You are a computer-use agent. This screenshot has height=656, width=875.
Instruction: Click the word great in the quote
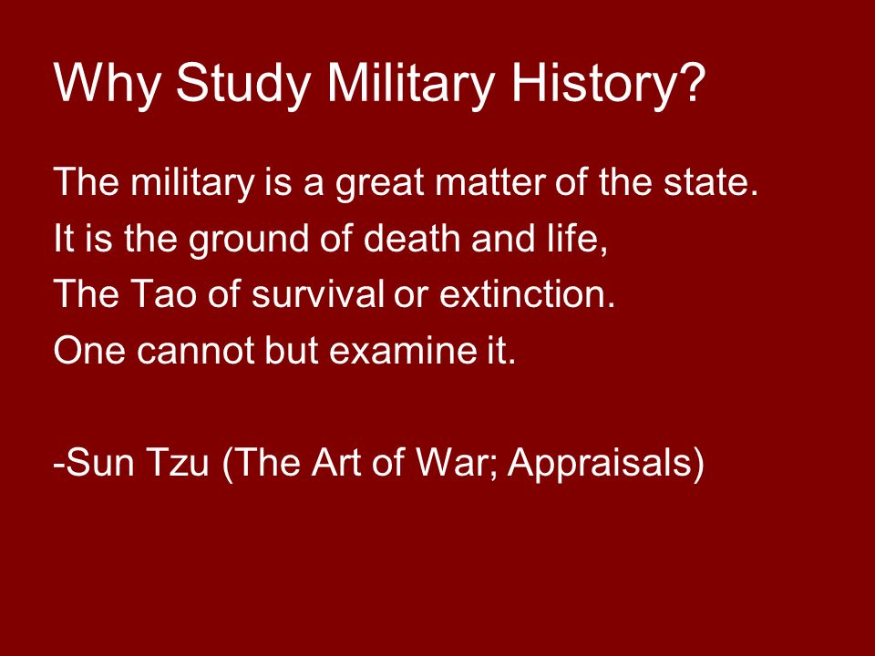pyautogui.click(x=379, y=183)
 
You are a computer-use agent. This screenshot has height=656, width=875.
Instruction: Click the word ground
pyautogui.click(x=248, y=240)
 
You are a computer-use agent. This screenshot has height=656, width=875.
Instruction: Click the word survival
pyautogui.click(x=317, y=293)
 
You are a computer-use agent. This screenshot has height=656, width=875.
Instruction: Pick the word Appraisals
pyautogui.click(x=600, y=463)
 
